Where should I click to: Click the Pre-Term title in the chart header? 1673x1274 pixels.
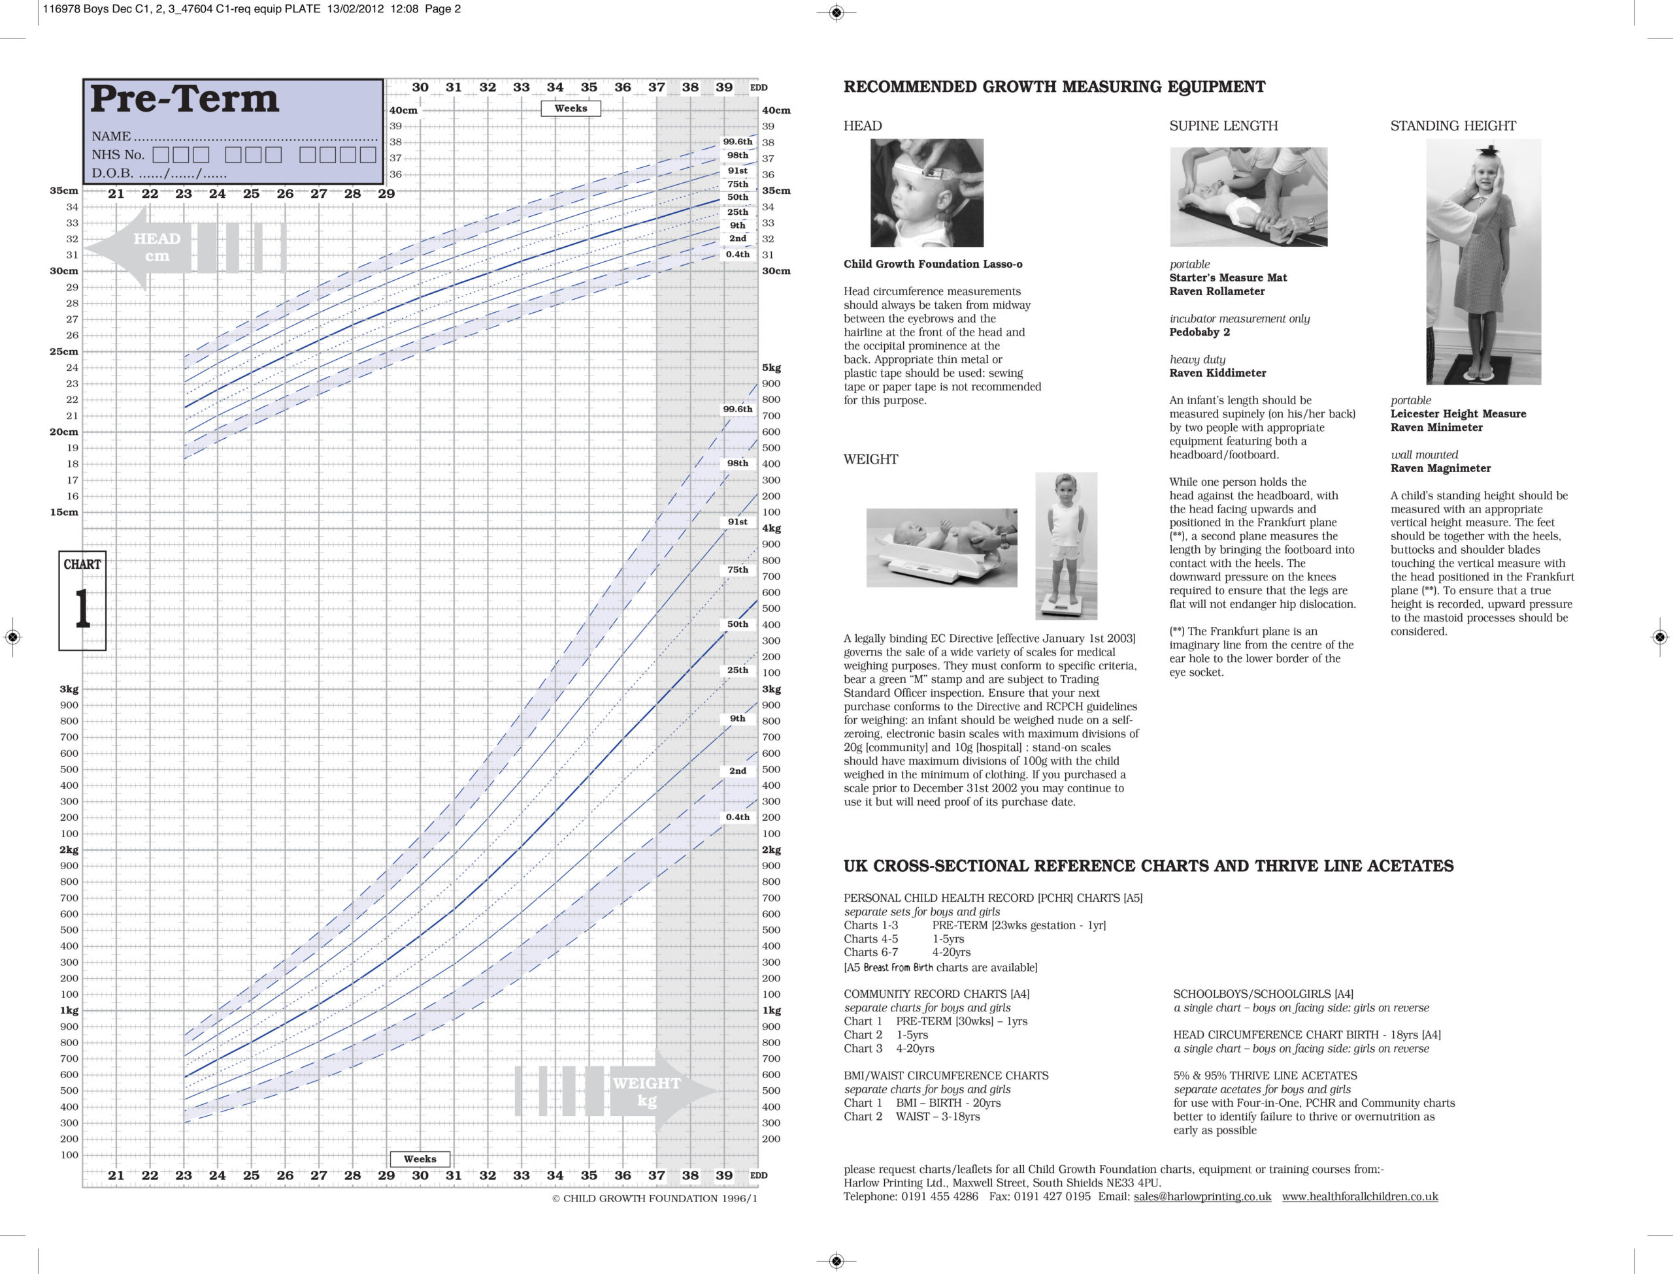184,99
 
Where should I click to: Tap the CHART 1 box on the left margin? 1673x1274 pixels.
82,600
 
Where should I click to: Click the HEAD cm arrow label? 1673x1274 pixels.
156,247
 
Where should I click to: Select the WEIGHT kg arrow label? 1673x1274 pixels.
646,1091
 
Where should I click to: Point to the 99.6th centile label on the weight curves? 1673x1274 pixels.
737,409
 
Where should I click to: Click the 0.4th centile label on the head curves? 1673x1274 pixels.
737,255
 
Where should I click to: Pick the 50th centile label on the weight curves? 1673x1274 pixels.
737,625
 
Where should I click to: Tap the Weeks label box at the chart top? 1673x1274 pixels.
571,108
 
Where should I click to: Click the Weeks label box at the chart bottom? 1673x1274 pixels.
420,1158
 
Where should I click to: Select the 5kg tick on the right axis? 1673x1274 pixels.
772,368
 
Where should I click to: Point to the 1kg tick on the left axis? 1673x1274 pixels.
69,1010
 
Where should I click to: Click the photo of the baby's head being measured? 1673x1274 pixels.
927,193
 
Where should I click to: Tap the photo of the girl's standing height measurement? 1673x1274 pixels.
1483,262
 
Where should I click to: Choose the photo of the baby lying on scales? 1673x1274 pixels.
942,547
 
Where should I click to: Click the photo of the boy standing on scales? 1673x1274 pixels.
1066,546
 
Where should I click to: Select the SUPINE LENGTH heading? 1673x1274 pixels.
1223,126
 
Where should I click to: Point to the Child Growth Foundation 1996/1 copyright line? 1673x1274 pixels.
654,1198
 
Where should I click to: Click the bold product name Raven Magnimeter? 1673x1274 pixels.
1440,469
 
